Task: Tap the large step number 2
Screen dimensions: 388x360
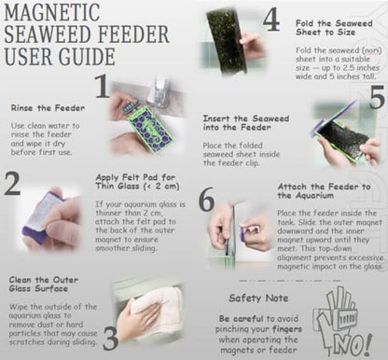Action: [x=12, y=184]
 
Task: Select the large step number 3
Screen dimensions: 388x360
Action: [x=110, y=338]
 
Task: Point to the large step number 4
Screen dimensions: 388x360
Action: [x=271, y=21]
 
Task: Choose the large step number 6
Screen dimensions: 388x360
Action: [x=206, y=199]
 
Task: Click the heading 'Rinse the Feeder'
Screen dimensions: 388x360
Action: [x=48, y=108]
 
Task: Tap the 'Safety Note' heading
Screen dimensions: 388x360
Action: [x=258, y=298]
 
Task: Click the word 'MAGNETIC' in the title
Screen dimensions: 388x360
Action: [x=52, y=12]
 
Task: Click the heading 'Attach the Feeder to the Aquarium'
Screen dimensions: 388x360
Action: [x=324, y=191]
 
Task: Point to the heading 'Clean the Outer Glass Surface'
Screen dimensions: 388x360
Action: [x=44, y=284]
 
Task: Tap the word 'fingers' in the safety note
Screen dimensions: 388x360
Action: [x=287, y=329]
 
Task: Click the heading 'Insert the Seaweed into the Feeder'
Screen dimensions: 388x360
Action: [x=246, y=123]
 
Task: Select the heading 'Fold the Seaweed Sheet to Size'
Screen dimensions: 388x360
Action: [x=334, y=28]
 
